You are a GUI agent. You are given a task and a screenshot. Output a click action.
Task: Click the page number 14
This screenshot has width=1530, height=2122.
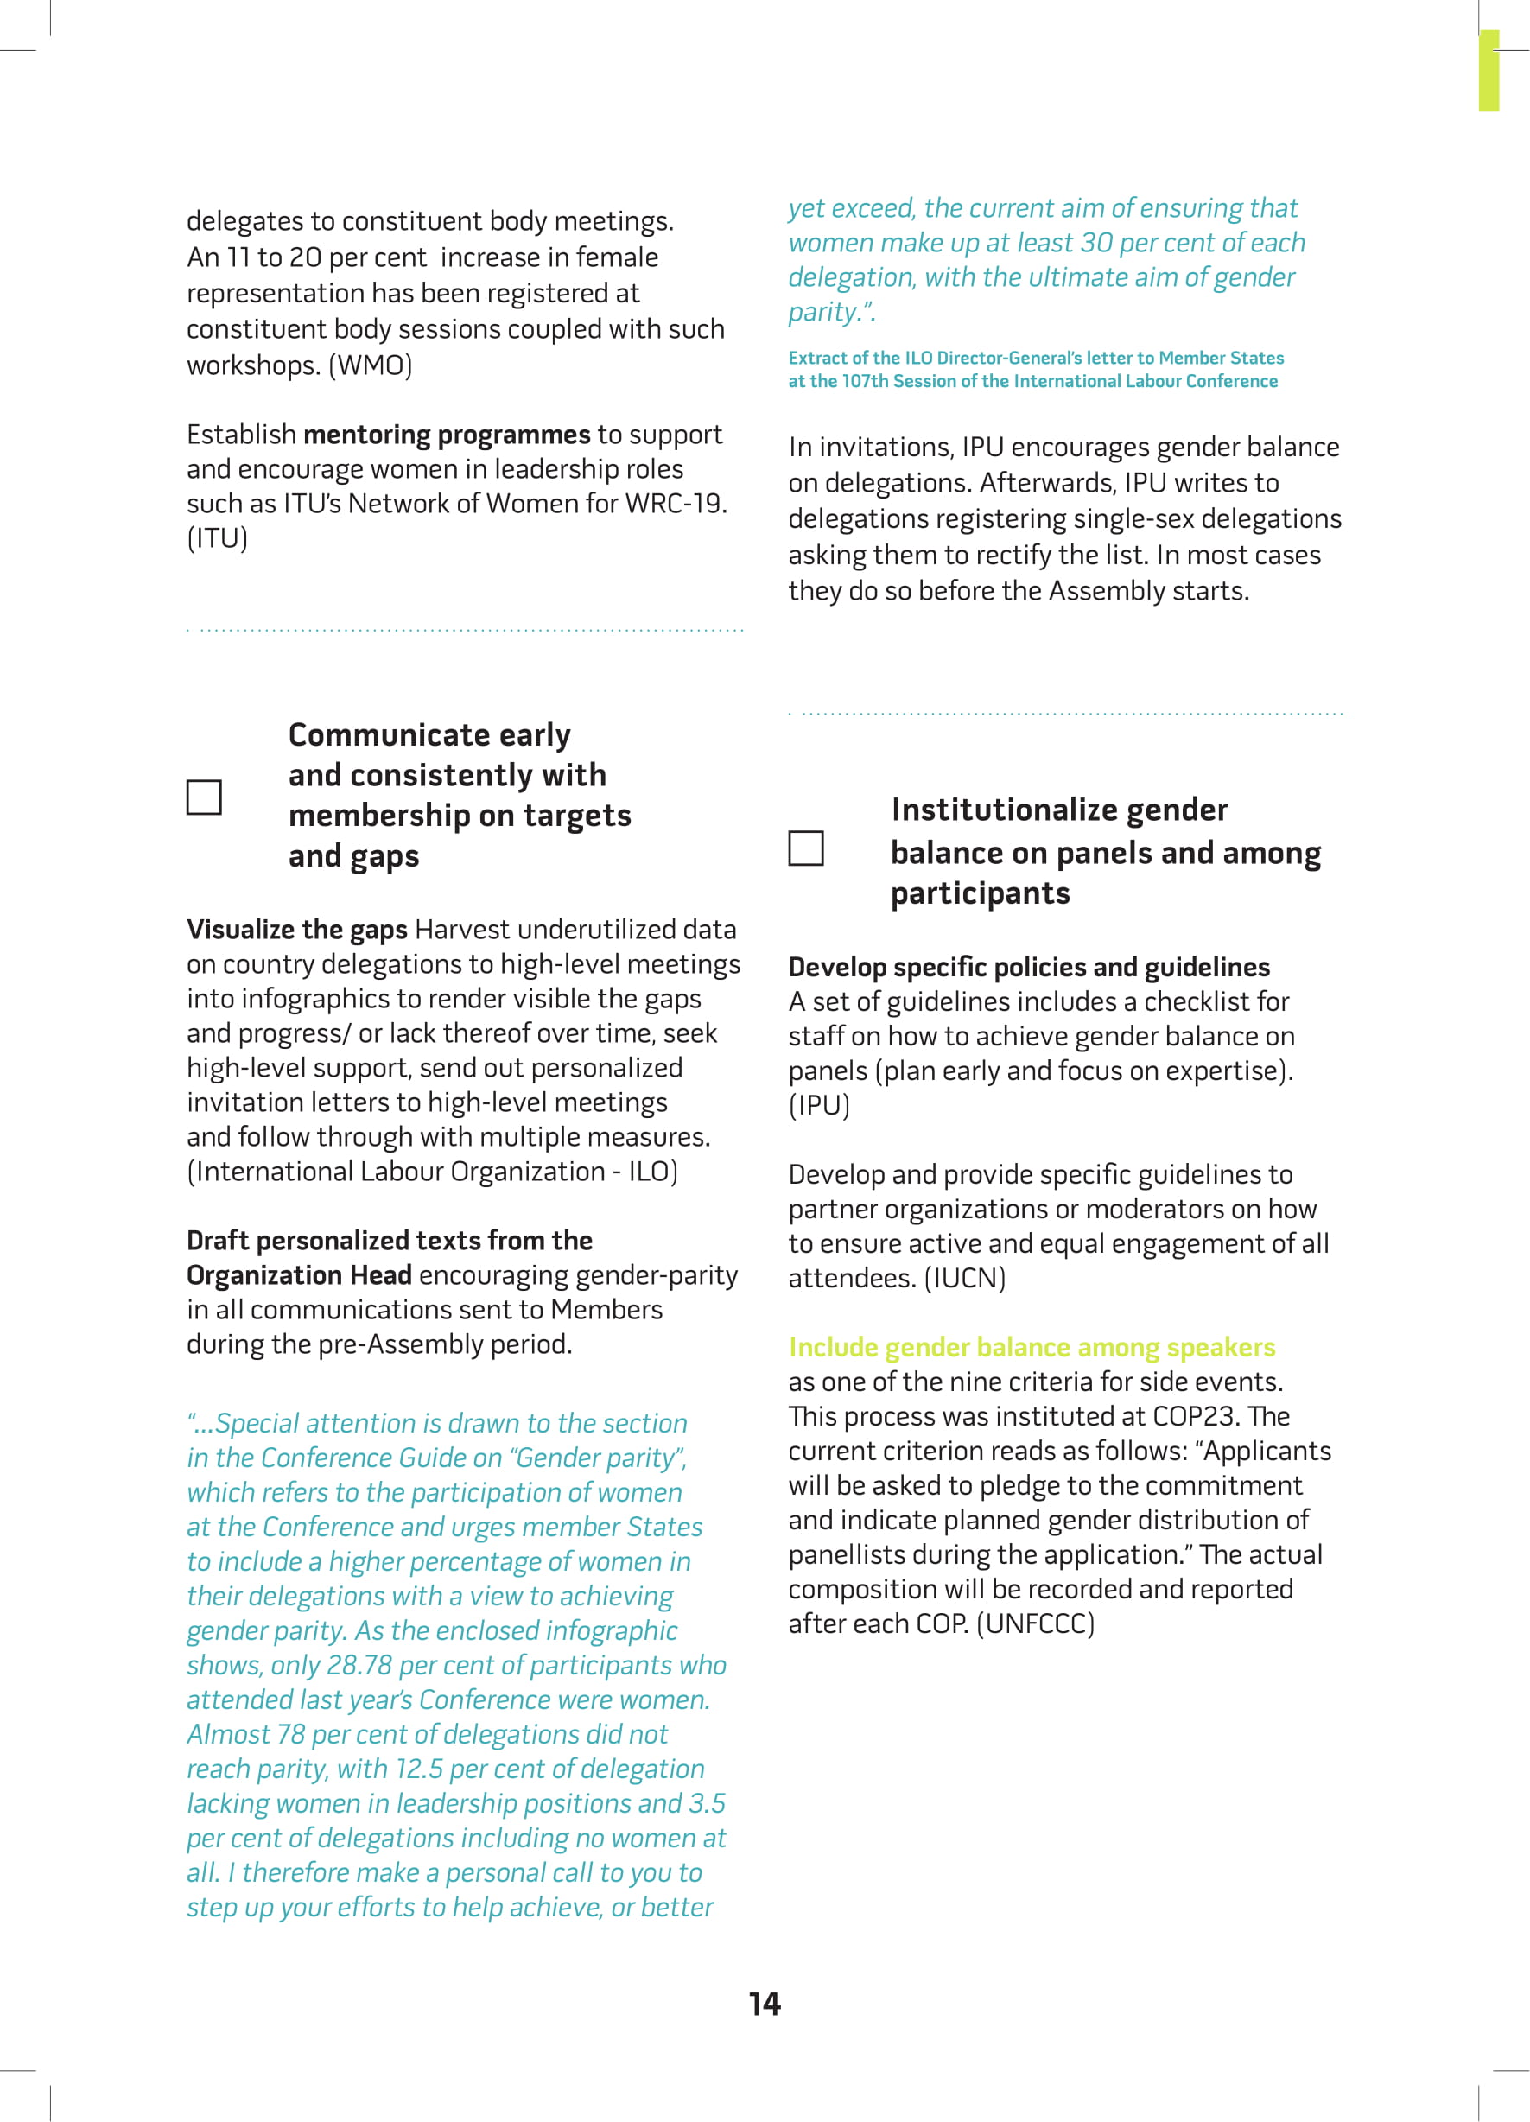tap(765, 2003)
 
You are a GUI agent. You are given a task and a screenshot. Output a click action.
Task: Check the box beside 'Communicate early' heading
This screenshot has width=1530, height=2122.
tap(204, 797)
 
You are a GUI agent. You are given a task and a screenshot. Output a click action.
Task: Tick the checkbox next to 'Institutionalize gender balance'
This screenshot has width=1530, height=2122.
tap(806, 848)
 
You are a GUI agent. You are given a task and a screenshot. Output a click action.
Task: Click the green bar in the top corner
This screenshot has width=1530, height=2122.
tap(1488, 71)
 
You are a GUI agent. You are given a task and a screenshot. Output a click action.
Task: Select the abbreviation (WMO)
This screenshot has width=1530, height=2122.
tap(370, 365)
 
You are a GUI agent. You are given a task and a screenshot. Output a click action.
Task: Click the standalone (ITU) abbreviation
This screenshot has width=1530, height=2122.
tap(217, 538)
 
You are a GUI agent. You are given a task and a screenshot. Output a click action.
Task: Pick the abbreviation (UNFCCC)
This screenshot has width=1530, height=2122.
tap(1035, 1623)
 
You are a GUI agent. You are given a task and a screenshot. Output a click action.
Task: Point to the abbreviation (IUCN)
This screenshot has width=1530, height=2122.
tap(964, 1277)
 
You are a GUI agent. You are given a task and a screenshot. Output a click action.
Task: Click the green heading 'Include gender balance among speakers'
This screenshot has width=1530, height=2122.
tap(1032, 1346)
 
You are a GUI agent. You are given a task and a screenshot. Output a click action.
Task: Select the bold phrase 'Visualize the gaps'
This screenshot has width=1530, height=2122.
tap(296, 929)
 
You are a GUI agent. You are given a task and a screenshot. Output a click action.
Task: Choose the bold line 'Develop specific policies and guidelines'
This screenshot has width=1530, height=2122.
tap(1028, 967)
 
